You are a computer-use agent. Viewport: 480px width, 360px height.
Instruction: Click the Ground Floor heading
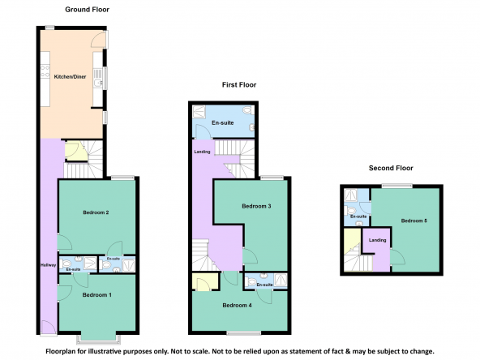(x=88, y=10)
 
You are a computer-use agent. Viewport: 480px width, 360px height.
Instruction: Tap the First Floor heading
(x=239, y=85)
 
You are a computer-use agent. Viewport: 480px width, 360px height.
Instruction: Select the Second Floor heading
(x=391, y=168)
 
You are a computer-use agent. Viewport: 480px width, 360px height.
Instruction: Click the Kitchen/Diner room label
(x=70, y=77)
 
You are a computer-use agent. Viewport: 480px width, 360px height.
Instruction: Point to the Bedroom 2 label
(x=96, y=212)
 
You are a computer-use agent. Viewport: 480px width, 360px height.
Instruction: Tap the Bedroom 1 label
(x=97, y=295)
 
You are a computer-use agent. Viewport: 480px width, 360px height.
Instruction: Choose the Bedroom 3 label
(x=256, y=206)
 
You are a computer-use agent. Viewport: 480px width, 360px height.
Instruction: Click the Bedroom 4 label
(x=238, y=305)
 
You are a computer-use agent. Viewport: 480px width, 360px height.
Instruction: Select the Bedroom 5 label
(x=414, y=221)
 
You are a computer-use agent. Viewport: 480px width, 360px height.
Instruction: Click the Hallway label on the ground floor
(x=49, y=265)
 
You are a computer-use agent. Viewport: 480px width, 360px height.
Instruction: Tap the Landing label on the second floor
(x=378, y=240)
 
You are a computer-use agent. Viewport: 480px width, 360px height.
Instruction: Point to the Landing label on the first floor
(x=202, y=152)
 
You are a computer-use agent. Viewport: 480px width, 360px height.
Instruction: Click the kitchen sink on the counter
(x=98, y=83)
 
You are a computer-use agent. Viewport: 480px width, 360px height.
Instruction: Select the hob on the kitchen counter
(x=45, y=71)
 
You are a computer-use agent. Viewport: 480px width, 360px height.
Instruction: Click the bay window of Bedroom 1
(x=98, y=338)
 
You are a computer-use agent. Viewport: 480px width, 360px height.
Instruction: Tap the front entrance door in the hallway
(x=49, y=328)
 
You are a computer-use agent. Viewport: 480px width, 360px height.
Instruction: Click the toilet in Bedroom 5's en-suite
(x=349, y=210)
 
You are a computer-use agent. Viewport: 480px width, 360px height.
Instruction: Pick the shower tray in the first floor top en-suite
(x=199, y=112)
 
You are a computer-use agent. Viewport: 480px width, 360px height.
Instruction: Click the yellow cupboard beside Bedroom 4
(x=205, y=281)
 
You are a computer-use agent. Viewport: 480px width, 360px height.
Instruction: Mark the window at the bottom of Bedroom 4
(x=244, y=332)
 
